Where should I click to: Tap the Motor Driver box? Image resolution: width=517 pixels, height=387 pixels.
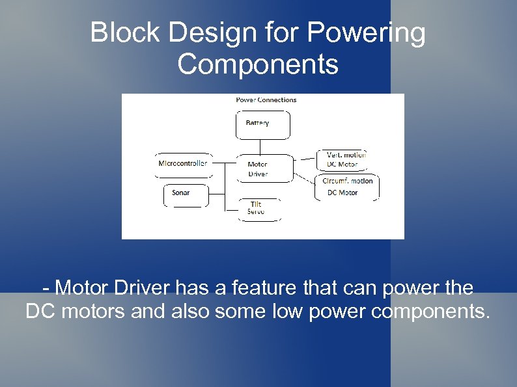click(262, 168)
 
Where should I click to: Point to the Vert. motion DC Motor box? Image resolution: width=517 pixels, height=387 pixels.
click(347, 160)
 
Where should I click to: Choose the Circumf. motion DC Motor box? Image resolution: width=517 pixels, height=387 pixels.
click(346, 187)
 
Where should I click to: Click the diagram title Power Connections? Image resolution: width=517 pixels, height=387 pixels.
click(266, 100)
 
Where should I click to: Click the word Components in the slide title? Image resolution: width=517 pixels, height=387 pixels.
click(258, 64)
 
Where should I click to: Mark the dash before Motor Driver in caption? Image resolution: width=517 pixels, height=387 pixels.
click(46, 287)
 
